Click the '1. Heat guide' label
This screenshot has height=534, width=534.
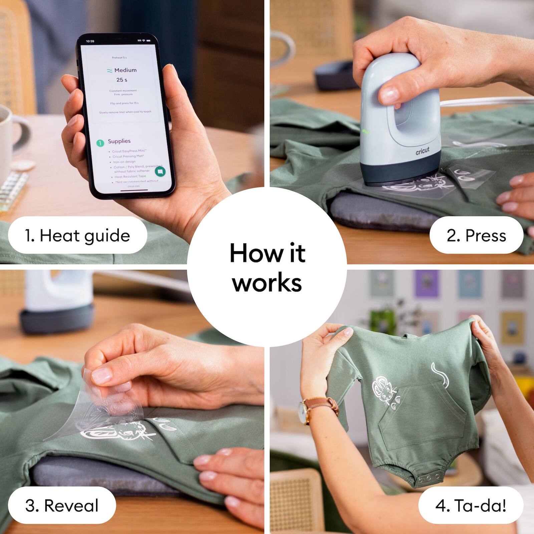(77, 236)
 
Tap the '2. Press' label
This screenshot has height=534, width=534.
(476, 236)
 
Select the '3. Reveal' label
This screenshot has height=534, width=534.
(62, 505)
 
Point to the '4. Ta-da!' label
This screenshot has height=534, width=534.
(471, 505)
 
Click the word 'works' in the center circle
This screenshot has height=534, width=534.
(267, 283)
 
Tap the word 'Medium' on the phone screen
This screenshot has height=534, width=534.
(125, 70)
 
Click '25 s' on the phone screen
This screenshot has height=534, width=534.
(121, 80)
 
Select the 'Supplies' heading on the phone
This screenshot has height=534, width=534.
(119, 141)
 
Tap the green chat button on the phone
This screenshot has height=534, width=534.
(160, 172)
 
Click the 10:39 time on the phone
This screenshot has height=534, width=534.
(90, 41)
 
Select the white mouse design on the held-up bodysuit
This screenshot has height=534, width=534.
(384, 390)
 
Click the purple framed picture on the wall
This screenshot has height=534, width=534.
(426, 284)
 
